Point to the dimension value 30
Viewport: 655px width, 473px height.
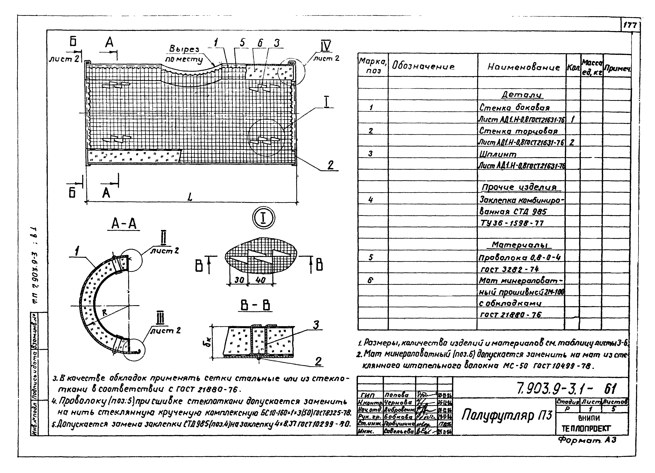(x=239, y=280)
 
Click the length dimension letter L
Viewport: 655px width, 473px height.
(x=190, y=197)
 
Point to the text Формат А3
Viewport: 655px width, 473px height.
(x=587, y=440)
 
